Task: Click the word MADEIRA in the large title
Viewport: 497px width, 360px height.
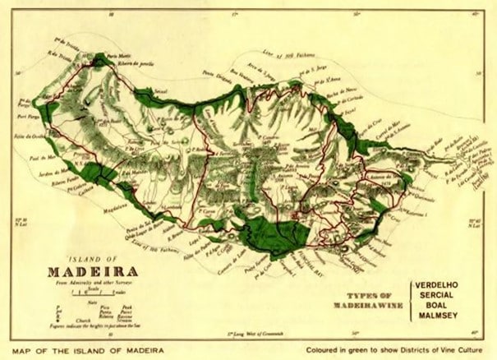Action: point(92,270)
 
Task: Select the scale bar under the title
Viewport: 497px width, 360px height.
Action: point(92,292)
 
